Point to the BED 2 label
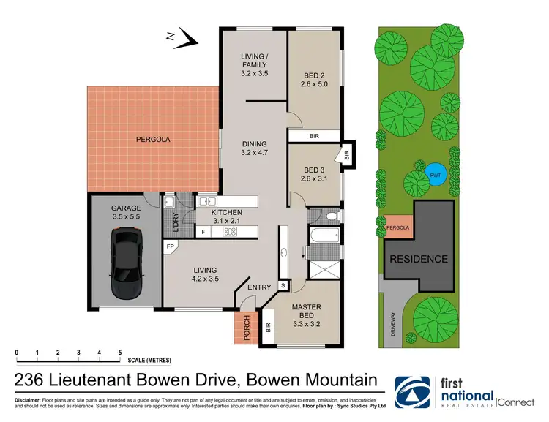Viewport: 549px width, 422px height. point(315,79)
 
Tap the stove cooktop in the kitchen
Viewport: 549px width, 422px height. point(231,233)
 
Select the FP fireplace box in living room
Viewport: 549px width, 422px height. point(171,247)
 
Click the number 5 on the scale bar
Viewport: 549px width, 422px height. point(119,353)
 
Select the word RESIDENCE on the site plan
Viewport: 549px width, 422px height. point(418,259)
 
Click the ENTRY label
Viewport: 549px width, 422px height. point(259,287)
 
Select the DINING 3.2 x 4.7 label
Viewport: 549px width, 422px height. point(255,148)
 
